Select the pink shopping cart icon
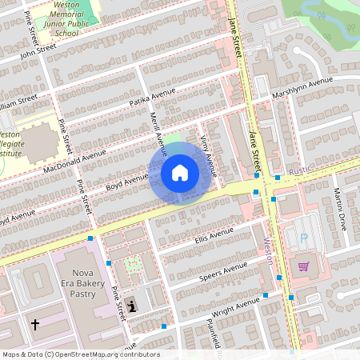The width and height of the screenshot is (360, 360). coord(303,267)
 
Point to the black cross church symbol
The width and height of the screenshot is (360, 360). coord(34,324)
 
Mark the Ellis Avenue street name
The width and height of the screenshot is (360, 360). coord(214,235)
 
